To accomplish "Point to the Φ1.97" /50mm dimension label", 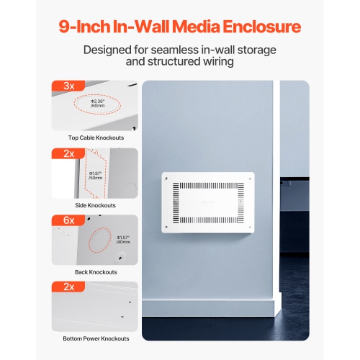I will (96, 176).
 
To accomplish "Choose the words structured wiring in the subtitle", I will (200, 62).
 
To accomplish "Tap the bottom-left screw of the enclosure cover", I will (166, 231).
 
